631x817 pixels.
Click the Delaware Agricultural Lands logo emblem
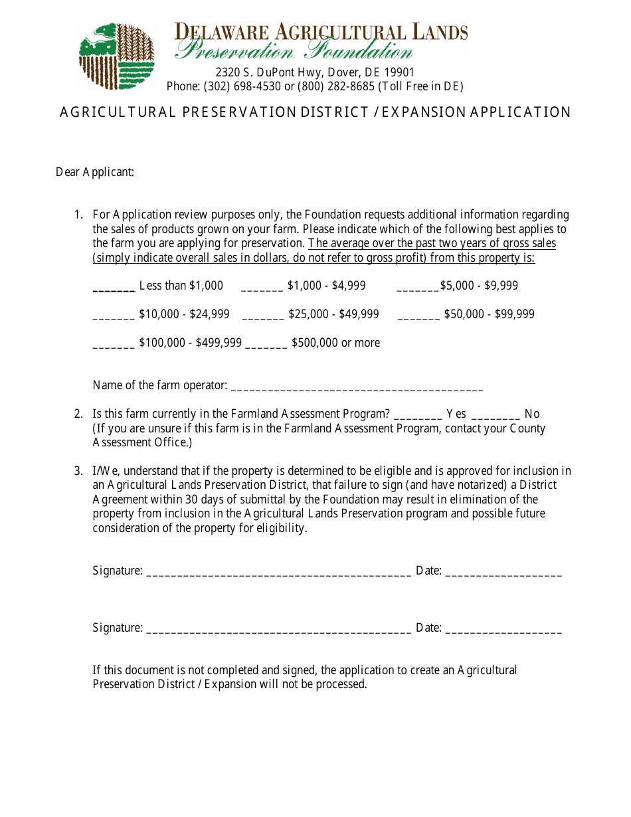point(117,56)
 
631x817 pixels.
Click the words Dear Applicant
point(95,173)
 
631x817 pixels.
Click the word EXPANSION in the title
point(424,112)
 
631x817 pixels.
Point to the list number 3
point(78,471)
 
